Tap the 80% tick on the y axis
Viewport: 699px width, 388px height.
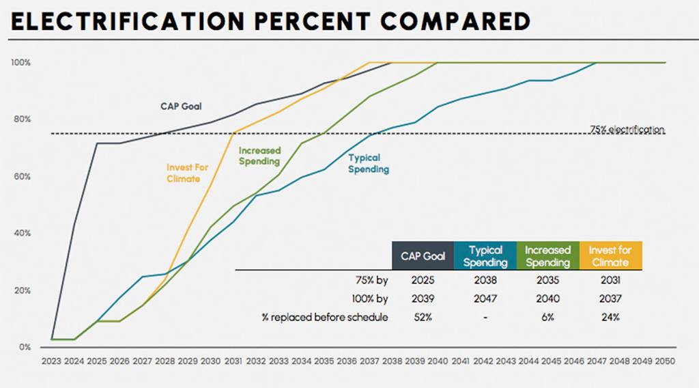pos(20,120)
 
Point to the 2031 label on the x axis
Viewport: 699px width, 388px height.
pos(233,361)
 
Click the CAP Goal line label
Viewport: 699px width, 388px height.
pos(181,107)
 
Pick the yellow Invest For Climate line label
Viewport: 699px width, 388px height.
pos(187,173)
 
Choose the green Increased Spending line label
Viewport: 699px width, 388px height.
pos(259,156)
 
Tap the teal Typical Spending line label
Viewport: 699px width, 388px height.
pos(369,164)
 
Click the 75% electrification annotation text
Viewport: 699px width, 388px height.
pos(627,129)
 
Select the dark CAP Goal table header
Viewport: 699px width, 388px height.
pos(423,256)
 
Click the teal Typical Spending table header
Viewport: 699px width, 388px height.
pos(485,256)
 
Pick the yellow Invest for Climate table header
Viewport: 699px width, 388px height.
pos(610,256)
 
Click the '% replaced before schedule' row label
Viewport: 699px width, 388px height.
pos(325,318)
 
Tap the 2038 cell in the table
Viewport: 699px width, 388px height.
pos(485,280)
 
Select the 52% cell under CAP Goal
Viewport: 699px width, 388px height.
pos(423,318)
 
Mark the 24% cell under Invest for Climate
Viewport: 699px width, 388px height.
pos(610,318)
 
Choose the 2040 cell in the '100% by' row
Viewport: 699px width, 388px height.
pos(547,299)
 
